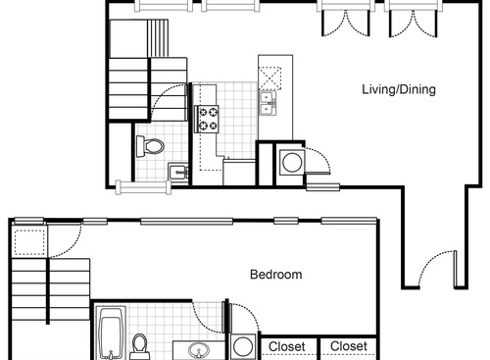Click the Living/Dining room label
coord(398,90)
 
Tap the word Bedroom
coord(274,275)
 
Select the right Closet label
coord(350,346)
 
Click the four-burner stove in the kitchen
coord(209,119)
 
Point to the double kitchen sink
coord(267,101)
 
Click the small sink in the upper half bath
coord(176,174)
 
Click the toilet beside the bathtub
coord(140,346)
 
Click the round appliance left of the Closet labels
coord(243,346)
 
